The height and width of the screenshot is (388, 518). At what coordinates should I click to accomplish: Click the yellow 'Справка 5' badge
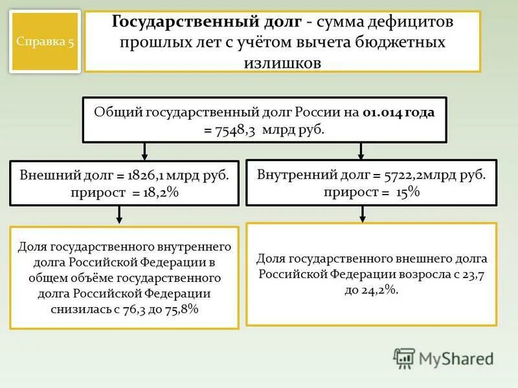point(45,42)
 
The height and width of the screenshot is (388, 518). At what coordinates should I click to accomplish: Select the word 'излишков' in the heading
point(282,63)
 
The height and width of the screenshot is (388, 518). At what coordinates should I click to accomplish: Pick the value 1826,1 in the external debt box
point(148,175)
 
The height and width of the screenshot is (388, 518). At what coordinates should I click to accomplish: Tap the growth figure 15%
point(409,191)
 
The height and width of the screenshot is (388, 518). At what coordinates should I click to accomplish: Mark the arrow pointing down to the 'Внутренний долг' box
point(361,151)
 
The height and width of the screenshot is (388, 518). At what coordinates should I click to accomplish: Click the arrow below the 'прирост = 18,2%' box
point(118,215)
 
